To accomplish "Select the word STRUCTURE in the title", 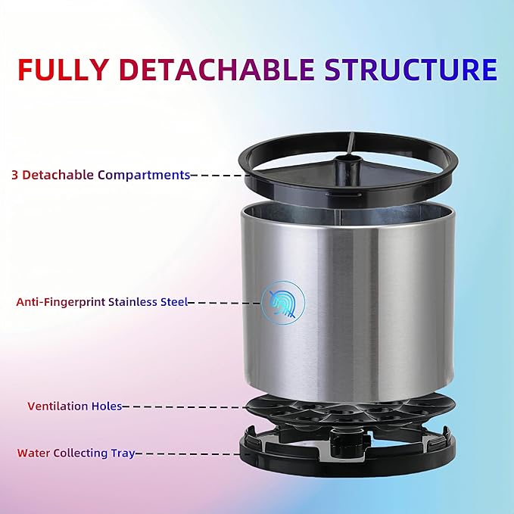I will click(x=411, y=69).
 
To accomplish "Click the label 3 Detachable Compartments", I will click(x=101, y=175).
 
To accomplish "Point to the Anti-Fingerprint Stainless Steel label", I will click(x=101, y=302).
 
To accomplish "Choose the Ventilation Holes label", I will click(x=74, y=407).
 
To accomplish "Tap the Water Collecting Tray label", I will click(x=76, y=453).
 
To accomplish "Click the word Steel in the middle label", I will click(x=173, y=302).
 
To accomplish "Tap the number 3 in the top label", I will click(x=15, y=175).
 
